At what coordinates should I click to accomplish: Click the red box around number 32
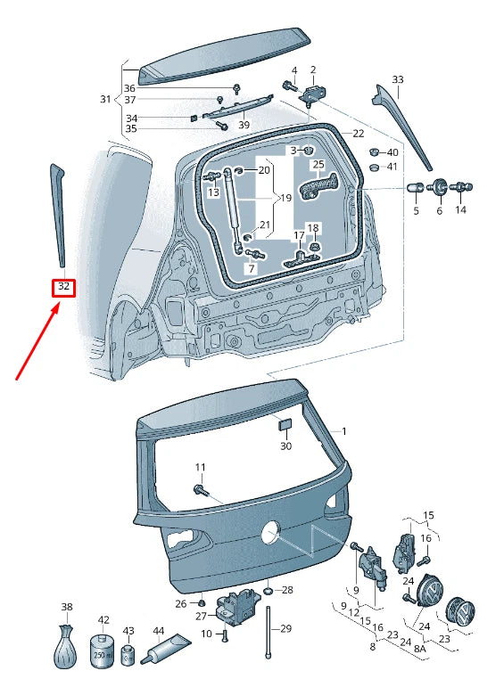pyautogui.click(x=63, y=288)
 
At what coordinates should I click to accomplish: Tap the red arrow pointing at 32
pyautogui.click(x=37, y=341)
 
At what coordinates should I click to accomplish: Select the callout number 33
pyautogui.click(x=397, y=79)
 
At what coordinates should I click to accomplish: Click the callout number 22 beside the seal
pyautogui.click(x=358, y=134)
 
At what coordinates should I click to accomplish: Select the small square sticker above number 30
pyautogui.click(x=285, y=424)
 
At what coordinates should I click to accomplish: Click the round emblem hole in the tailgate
pyautogui.click(x=271, y=532)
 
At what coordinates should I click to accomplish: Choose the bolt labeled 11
pyautogui.click(x=201, y=491)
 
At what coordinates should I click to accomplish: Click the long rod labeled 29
pyautogui.click(x=269, y=633)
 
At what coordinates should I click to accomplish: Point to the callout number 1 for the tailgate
pyautogui.click(x=344, y=431)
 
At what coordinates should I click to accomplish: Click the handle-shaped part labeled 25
pyautogui.click(x=319, y=185)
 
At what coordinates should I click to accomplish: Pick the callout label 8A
pyautogui.click(x=420, y=648)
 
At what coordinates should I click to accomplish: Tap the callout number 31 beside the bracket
pyautogui.click(x=105, y=99)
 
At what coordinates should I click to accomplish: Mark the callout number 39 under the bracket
pyautogui.click(x=244, y=125)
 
